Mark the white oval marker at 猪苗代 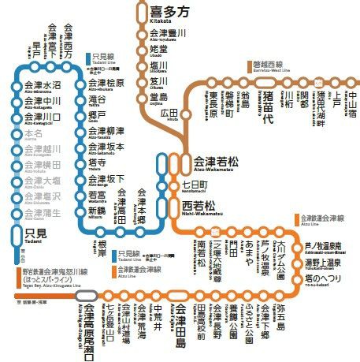[269, 80]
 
